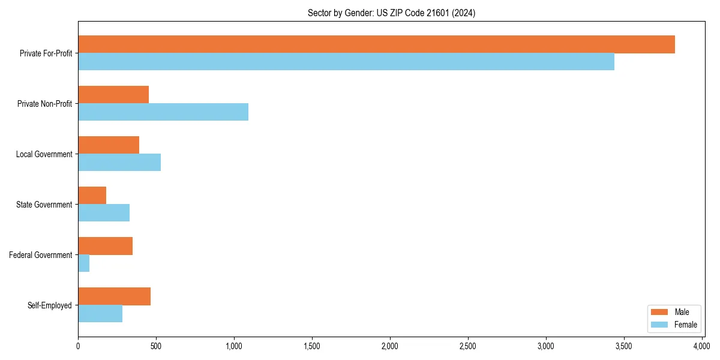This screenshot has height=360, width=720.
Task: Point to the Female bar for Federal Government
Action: (84, 263)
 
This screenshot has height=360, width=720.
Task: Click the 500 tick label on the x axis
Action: (156, 346)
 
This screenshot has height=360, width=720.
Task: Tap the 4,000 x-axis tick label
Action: (701, 346)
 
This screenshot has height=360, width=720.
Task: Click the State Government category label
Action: (44, 205)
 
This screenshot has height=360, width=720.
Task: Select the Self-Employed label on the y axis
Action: (50, 305)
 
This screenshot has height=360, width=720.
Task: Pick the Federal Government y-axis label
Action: (41, 255)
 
